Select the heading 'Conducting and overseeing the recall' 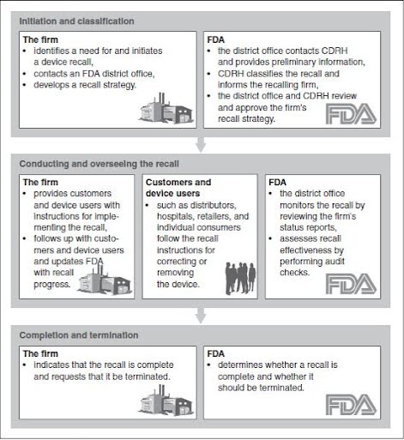89,162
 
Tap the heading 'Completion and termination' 78,335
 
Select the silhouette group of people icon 240,278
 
